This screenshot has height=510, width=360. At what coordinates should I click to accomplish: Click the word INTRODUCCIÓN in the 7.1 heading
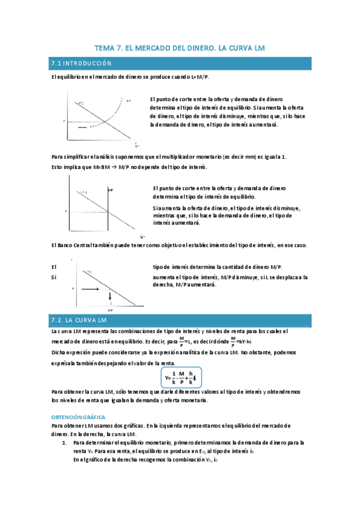coord(87,63)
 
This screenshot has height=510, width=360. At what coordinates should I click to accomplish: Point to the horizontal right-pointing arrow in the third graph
coord(94,289)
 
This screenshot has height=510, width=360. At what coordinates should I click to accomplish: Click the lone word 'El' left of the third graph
coord(54,267)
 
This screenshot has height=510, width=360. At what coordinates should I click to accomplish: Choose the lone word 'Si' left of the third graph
coord(53,277)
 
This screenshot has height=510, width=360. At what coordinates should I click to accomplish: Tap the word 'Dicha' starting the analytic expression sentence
coord(59,352)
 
